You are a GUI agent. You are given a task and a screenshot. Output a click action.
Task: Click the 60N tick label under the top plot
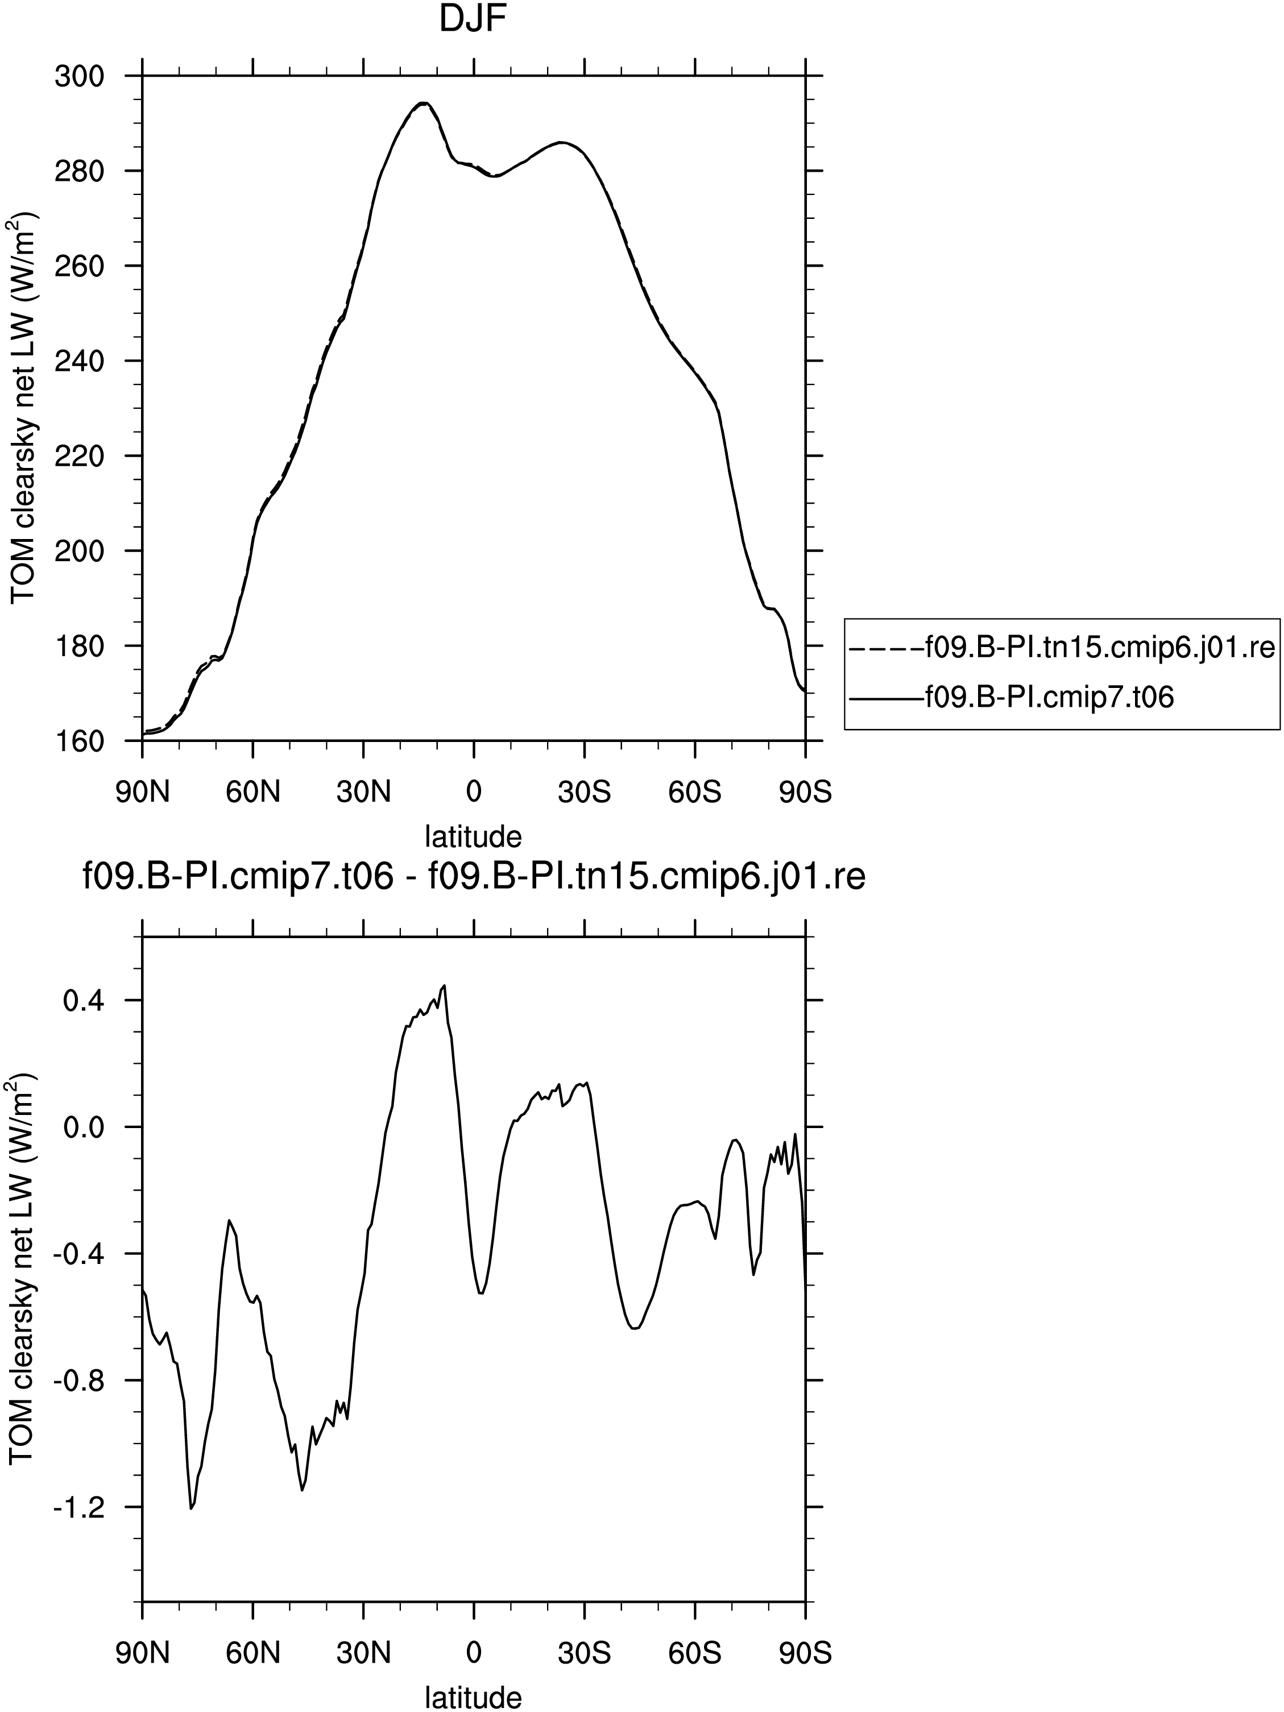[x=253, y=793]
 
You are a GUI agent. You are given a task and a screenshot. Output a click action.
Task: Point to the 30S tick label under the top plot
[x=585, y=793]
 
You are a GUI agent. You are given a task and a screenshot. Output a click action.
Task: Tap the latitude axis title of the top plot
[x=474, y=836]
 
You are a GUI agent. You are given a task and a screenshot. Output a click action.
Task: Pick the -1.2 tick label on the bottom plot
[x=77, y=1507]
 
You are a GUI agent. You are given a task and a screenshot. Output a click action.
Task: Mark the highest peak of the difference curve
[x=444, y=985]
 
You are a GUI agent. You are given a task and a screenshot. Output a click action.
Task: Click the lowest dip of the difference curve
[x=190, y=1508]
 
